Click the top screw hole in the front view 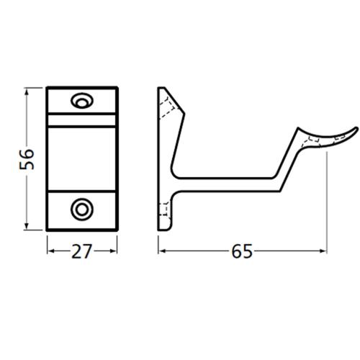point(81,101)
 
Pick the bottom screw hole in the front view point(81,210)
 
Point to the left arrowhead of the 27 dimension point(51,251)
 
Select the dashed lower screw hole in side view point(165,210)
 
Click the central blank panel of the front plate point(81,156)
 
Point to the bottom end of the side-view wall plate point(163,229)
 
